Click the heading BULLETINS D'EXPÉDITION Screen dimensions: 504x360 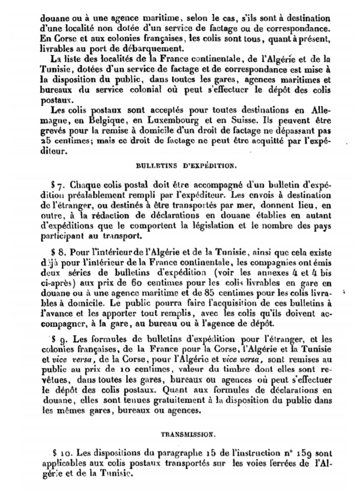pos(186,166)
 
